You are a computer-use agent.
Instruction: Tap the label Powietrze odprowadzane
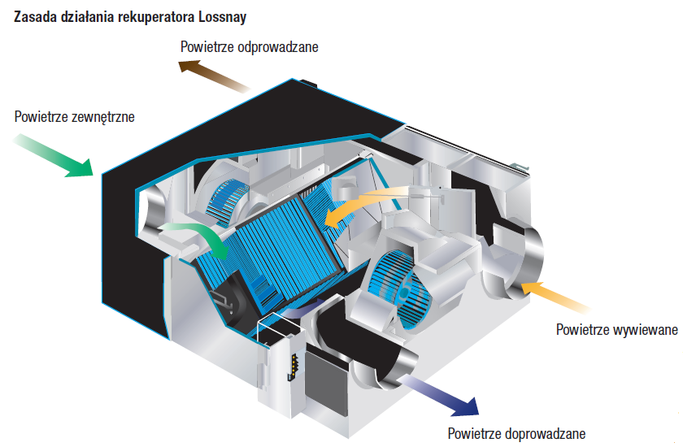(x=249, y=47)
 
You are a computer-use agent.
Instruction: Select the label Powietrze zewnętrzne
(x=74, y=116)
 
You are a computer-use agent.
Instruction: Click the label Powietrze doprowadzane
(x=516, y=434)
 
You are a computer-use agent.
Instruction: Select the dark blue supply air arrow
(x=443, y=392)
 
